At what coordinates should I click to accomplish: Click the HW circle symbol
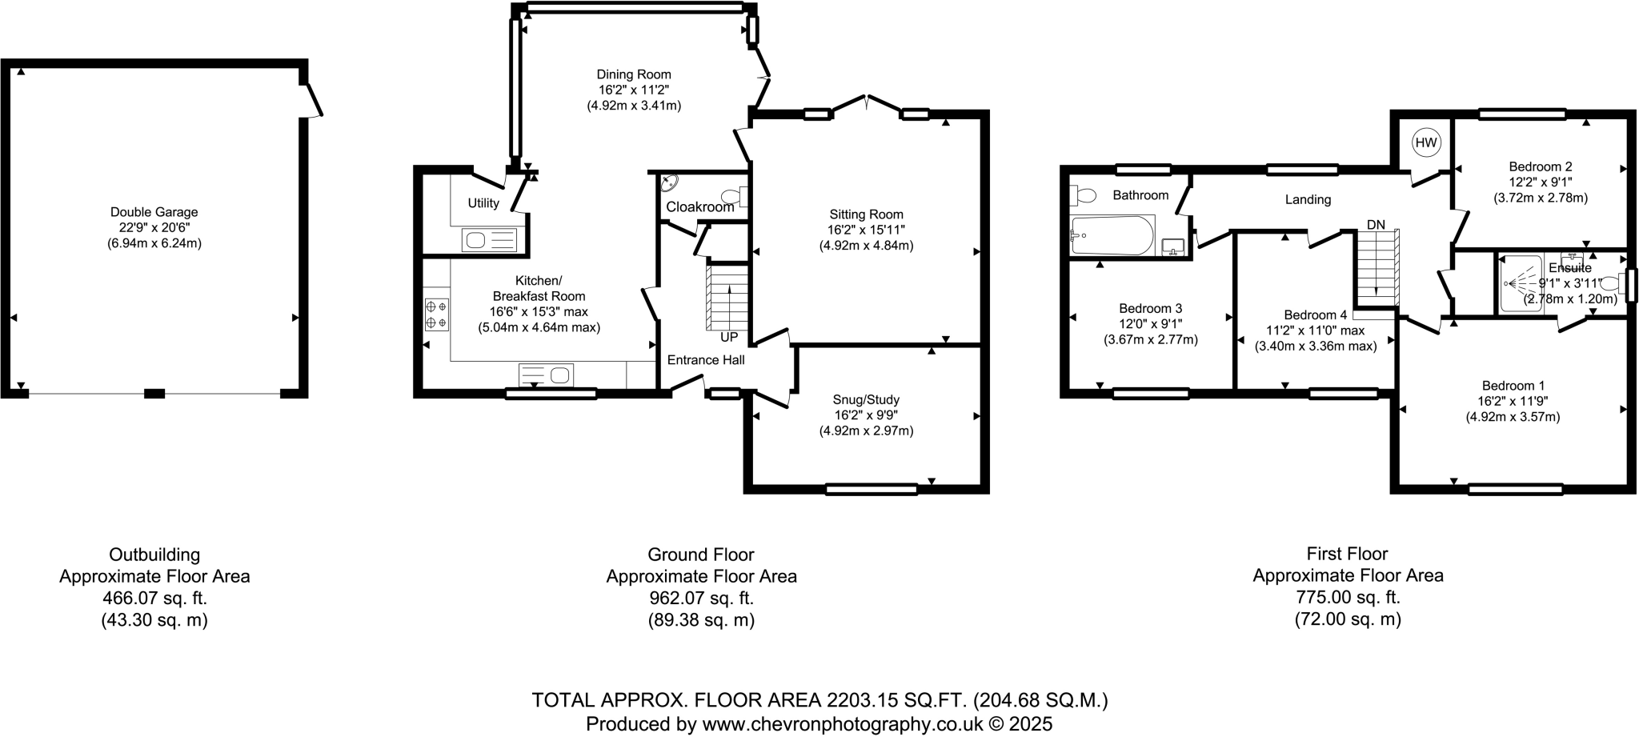pos(1425,143)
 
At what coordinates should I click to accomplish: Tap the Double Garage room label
pos(154,212)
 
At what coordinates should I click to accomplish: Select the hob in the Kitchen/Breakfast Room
pos(436,314)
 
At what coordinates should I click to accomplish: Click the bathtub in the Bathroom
pos(1112,235)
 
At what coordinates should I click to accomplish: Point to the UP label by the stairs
pos(728,337)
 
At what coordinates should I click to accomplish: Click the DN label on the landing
pos(1376,225)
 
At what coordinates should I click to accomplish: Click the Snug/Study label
pos(866,399)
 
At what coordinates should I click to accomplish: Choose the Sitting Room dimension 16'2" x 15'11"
pos(866,230)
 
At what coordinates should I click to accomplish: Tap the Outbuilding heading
pos(154,555)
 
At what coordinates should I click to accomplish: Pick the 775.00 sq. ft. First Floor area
pos(1348,597)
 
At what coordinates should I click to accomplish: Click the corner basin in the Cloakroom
pos(668,183)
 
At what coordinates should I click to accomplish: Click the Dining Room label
pos(634,74)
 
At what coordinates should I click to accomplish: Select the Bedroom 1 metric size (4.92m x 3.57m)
pos(1513,417)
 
